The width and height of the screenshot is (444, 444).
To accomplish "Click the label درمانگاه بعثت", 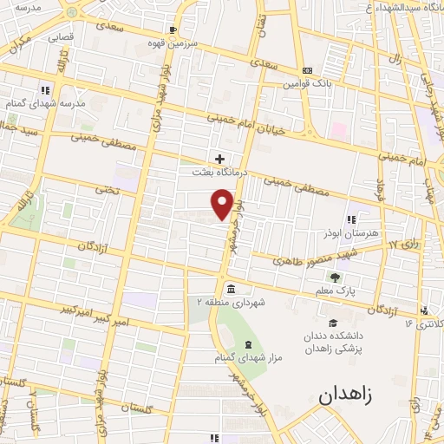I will click(x=220, y=173).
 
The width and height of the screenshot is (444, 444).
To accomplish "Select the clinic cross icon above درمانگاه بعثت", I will click(x=220, y=160).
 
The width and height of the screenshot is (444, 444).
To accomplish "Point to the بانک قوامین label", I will click(x=305, y=84).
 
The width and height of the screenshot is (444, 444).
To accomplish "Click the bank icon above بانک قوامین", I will click(x=306, y=70).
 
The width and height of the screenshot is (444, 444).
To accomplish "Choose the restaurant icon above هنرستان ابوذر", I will click(x=351, y=219).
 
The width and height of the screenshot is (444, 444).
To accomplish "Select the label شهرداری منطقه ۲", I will click(x=232, y=302).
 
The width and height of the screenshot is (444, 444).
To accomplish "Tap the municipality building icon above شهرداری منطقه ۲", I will click(x=232, y=288).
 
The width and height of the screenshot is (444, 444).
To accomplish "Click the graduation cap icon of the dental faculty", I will click(x=332, y=323).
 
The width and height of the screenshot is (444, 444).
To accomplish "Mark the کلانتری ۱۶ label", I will click(x=422, y=323).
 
